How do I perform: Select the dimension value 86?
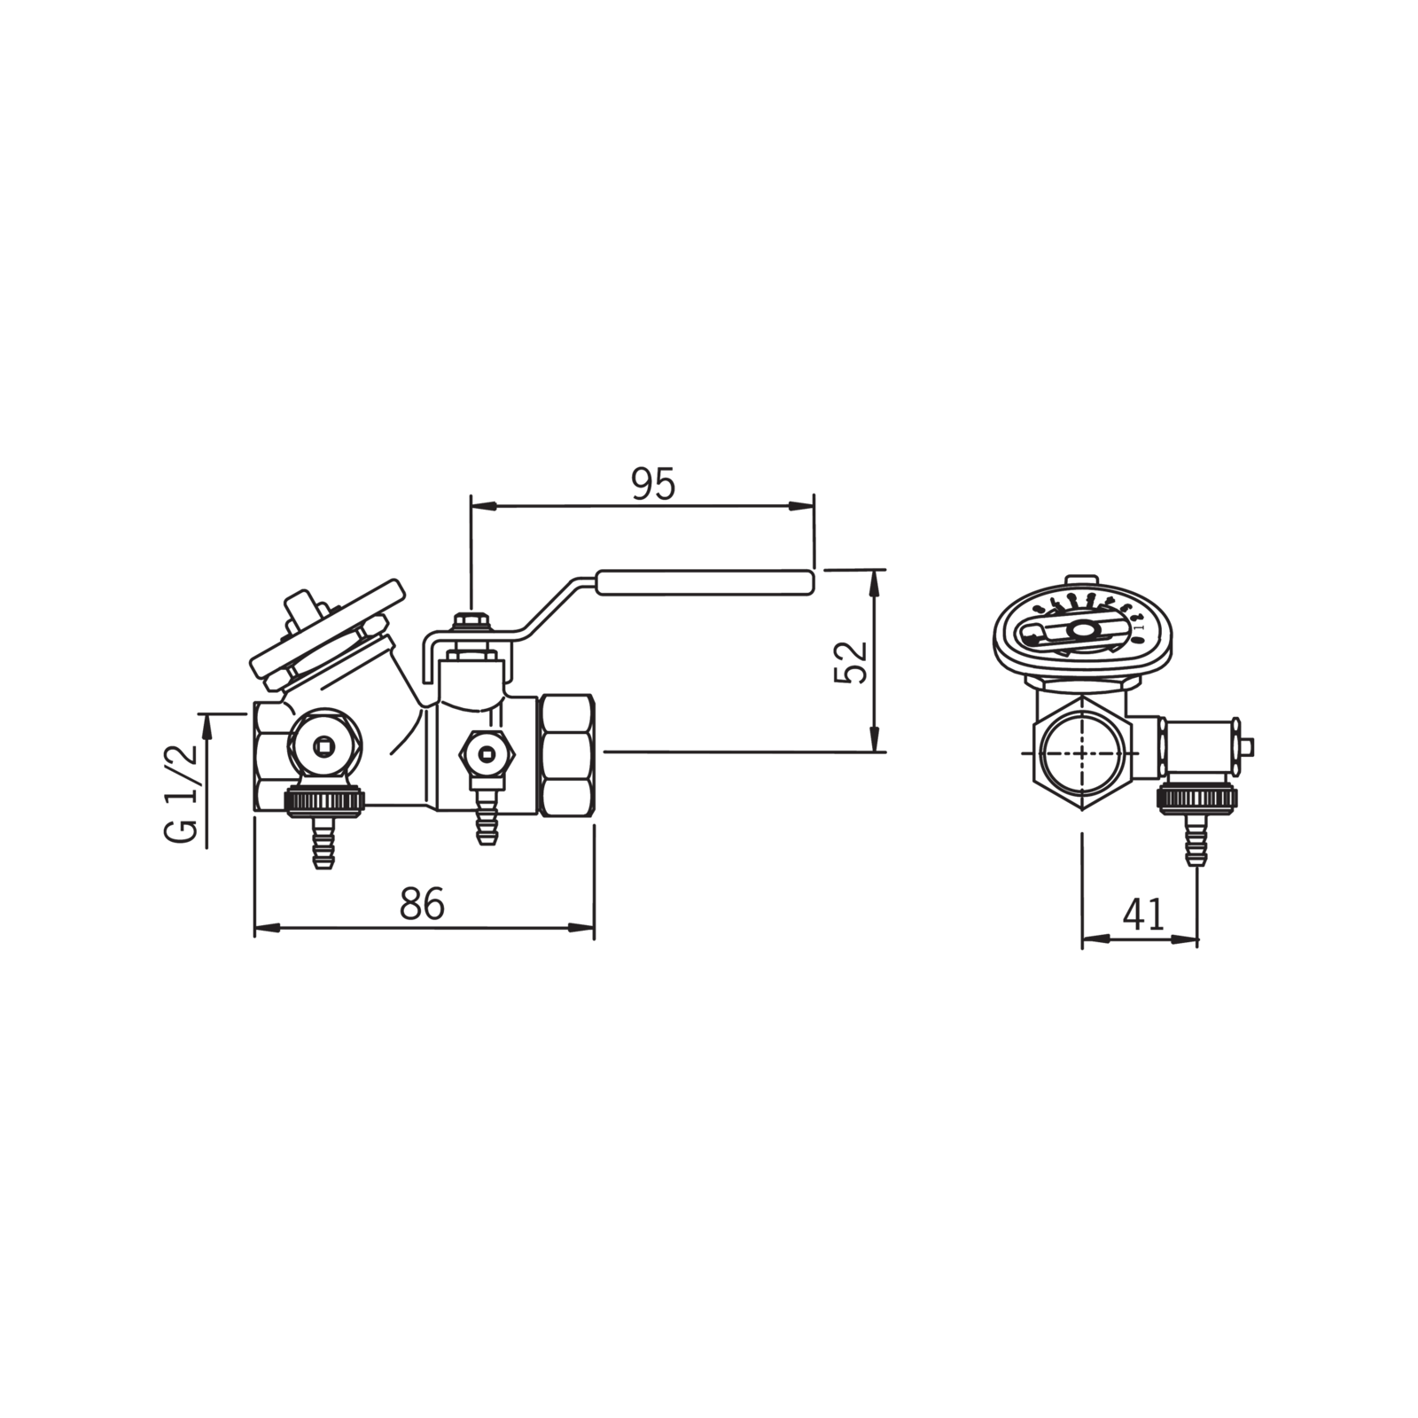(x=422, y=905)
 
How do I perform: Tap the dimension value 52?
(x=850, y=661)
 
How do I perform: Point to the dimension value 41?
(x=1143, y=914)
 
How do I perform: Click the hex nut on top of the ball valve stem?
(x=470, y=619)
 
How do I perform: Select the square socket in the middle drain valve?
(x=485, y=754)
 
